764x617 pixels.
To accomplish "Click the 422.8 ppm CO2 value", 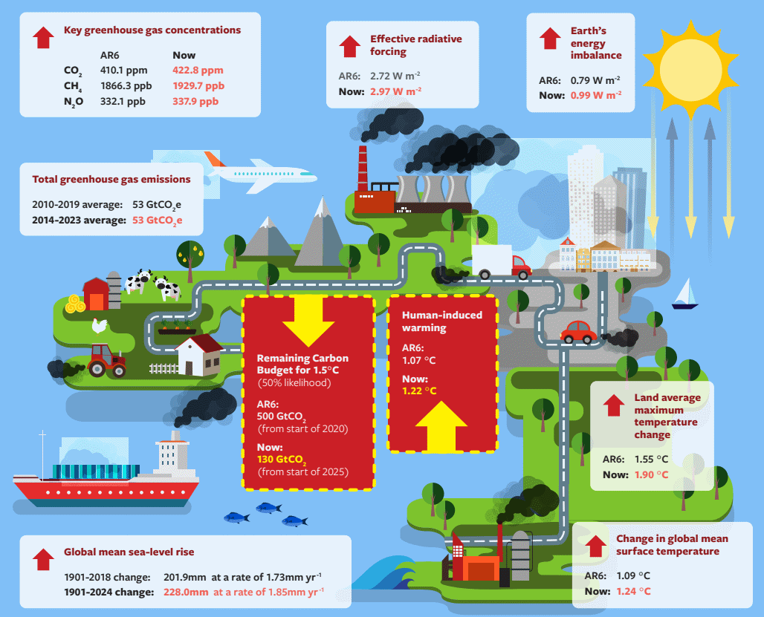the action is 198,70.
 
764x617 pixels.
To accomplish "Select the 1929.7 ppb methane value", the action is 198,85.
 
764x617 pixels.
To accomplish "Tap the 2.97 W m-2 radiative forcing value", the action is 395,91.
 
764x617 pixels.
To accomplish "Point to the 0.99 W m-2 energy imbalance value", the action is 596,95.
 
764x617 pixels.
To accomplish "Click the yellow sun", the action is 690,70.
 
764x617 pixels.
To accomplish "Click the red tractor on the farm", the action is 108,360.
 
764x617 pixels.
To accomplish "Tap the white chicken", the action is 100,326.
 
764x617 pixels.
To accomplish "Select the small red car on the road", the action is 578,333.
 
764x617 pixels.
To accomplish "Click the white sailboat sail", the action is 686,292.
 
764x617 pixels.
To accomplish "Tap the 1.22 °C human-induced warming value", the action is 419,391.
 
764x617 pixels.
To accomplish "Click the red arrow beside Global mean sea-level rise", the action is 43,560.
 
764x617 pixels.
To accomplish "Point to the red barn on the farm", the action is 96,294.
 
